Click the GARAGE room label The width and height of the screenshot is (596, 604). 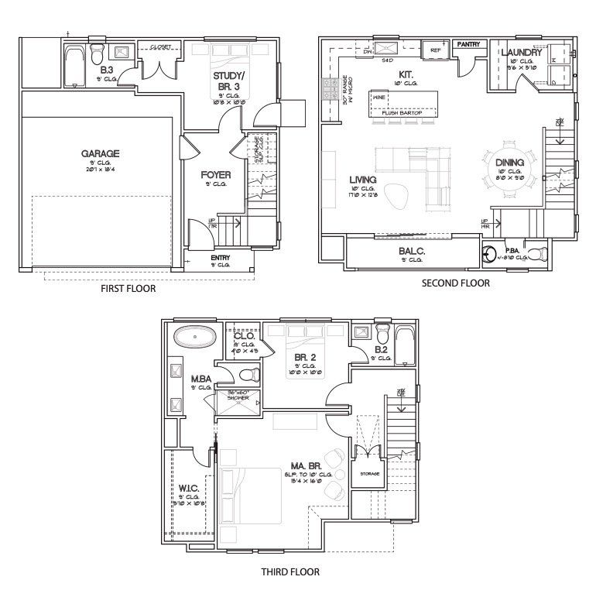tap(100, 153)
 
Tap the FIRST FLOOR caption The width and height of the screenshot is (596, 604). tap(128, 289)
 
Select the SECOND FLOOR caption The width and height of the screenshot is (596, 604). tap(455, 283)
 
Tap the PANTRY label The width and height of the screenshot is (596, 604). tap(468, 45)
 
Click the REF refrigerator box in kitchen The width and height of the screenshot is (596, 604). tap(435, 50)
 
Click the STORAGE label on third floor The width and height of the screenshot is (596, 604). tap(369, 473)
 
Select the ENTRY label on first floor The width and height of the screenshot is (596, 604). tap(221, 258)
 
